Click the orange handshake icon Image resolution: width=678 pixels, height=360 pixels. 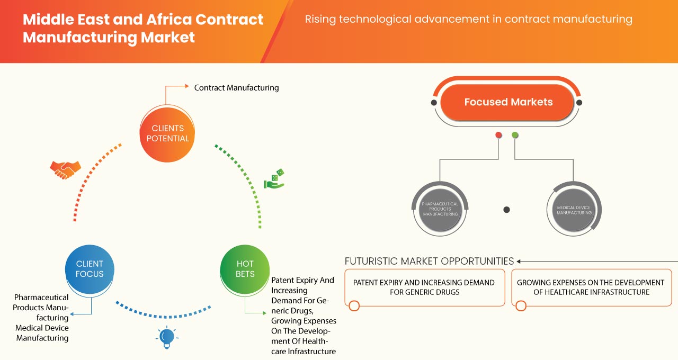pyautogui.click(x=65, y=169)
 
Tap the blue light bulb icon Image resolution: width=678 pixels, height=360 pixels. pyautogui.click(x=167, y=337)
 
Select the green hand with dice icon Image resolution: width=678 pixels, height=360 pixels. pyautogui.click(x=274, y=179)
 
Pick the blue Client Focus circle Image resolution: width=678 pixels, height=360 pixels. pyautogui.click(x=90, y=269)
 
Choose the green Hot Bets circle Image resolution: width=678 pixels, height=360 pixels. pyautogui.click(x=245, y=269)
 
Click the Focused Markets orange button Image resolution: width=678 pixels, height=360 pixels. pyautogui.click(x=508, y=102)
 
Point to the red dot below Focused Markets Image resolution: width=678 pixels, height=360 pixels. pyautogui.click(x=498, y=136)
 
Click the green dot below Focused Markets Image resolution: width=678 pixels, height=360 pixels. pyautogui.click(x=515, y=136)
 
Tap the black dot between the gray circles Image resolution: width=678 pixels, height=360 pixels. pyautogui.click(x=506, y=210)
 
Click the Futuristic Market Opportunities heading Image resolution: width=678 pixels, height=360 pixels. pyautogui.click(x=429, y=261)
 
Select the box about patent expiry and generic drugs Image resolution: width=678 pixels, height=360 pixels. pyautogui.click(x=424, y=287)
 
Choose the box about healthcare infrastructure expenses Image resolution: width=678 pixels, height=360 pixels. pyautogui.click(x=591, y=287)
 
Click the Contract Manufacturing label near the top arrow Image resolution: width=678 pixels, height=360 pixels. pyautogui.click(x=236, y=87)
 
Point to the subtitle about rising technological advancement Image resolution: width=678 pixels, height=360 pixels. pyautogui.click(x=468, y=20)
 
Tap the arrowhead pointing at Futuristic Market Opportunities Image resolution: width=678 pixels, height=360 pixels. pyautogui.click(x=519, y=261)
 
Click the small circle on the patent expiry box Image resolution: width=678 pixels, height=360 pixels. pyautogui.click(x=354, y=305)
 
